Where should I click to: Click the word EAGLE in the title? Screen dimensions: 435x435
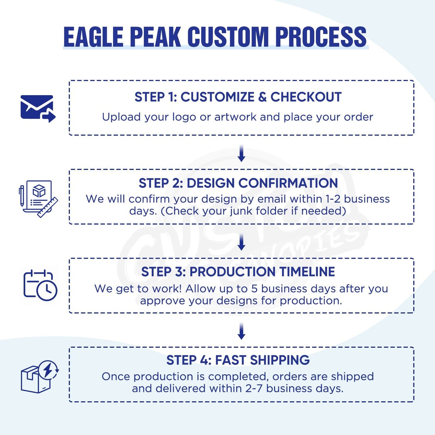coord(93,37)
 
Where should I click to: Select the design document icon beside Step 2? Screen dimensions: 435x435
coord(38,199)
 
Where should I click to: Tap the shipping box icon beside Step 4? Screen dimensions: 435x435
coord(39,377)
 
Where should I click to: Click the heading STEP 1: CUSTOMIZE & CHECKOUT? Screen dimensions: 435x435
coord(238,97)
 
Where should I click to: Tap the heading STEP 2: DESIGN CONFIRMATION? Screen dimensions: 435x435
coord(238,183)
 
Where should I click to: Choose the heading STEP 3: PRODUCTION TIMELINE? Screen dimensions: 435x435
coord(238,272)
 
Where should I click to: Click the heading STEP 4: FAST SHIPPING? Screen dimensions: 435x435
coord(238,360)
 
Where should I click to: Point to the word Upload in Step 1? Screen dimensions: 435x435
coord(121,117)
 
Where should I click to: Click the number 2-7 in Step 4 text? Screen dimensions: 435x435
coord(254,388)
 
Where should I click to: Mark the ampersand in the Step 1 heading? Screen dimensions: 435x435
coord(262,97)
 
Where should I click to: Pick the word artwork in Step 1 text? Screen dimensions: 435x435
coord(235,117)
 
